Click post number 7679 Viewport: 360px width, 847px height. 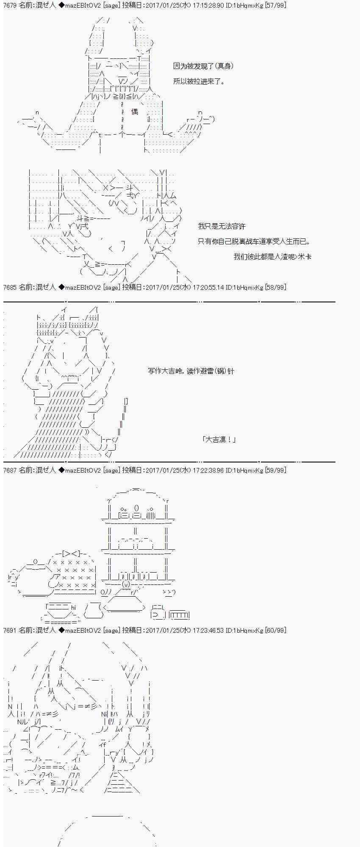click(10, 5)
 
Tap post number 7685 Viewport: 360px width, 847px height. click(10, 287)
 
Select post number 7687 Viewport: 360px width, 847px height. click(10, 470)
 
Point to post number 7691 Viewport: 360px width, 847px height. click(10, 630)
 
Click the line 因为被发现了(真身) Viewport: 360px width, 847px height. click(203, 66)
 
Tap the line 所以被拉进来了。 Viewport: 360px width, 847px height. click(199, 81)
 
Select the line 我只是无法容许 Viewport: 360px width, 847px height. click(222, 227)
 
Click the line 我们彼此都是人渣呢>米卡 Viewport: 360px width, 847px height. click(272, 257)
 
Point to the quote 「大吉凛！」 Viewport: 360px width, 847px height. click(219, 440)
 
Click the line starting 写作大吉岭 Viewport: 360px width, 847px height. click(191, 371)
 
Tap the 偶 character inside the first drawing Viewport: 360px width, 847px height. click(135, 112)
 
